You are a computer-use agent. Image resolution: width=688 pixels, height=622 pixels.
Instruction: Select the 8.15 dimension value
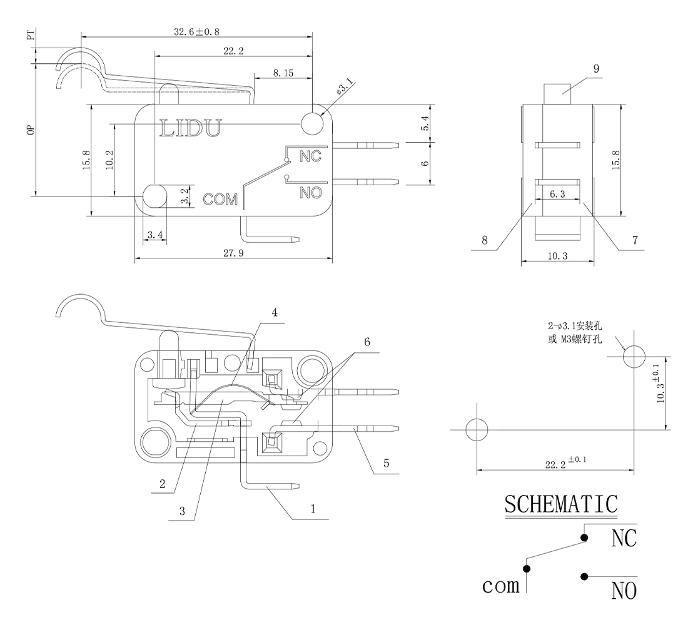[x=283, y=73]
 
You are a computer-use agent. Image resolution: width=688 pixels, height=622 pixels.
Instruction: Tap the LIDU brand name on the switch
[x=191, y=128]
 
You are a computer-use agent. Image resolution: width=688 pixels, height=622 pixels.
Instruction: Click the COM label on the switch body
[x=221, y=199]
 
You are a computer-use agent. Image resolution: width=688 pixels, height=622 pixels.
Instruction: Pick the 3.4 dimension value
[x=155, y=235]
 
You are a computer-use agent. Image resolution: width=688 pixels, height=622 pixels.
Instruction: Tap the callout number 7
[x=635, y=240]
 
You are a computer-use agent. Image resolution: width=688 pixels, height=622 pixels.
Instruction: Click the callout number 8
[x=483, y=240]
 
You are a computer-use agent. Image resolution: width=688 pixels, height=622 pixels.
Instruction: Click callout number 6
[x=367, y=342]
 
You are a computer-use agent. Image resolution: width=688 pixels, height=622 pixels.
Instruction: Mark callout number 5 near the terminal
[x=386, y=463]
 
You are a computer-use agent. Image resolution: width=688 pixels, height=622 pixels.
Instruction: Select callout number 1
[x=313, y=509]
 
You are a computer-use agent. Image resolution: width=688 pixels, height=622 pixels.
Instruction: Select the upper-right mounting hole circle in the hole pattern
[x=634, y=357]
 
